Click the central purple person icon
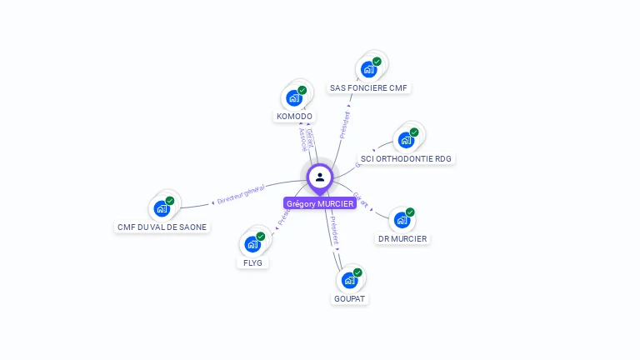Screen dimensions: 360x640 (x=320, y=177)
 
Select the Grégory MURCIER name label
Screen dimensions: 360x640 (x=320, y=203)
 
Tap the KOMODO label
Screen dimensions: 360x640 (x=294, y=117)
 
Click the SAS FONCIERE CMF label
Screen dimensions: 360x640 (x=370, y=87)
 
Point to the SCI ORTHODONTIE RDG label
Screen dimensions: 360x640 (x=407, y=158)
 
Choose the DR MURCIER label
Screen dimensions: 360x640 (x=402, y=239)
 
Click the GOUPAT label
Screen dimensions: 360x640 (x=350, y=298)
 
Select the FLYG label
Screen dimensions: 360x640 (x=252, y=262)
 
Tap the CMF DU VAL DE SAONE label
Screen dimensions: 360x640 (x=162, y=227)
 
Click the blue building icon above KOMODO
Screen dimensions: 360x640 (x=293, y=98)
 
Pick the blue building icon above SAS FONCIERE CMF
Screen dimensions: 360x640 (x=368, y=69)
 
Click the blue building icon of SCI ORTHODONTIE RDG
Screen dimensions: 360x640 (x=406, y=139)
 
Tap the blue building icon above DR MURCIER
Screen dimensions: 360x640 (x=402, y=221)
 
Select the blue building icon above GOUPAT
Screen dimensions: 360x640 (x=349, y=280)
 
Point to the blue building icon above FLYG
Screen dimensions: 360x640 (x=252, y=244)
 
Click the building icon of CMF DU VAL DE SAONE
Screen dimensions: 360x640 (x=161, y=208)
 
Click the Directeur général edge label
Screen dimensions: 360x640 (x=240, y=195)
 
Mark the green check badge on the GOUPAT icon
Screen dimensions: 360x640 (x=357, y=272)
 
